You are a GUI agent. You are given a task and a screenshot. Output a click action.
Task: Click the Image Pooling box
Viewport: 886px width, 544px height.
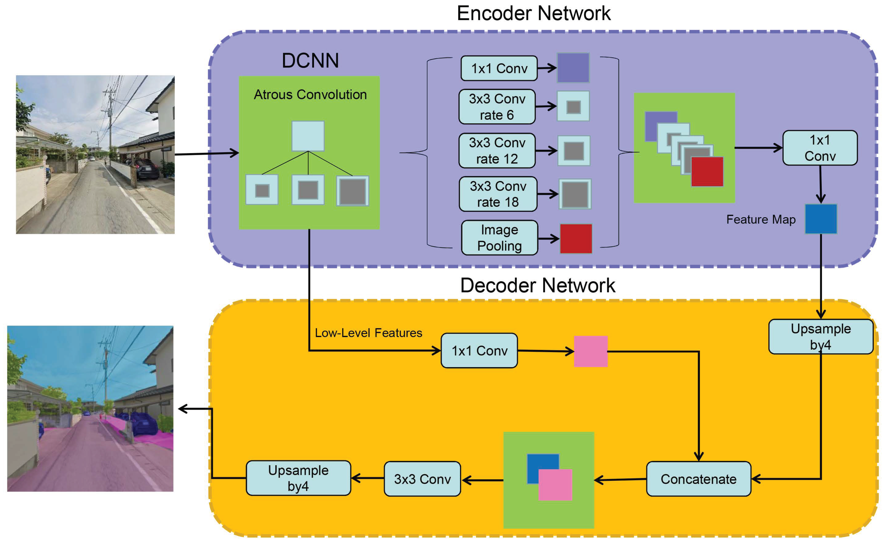[x=499, y=238]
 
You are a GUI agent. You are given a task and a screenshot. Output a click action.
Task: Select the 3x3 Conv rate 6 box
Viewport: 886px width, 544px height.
[x=497, y=107]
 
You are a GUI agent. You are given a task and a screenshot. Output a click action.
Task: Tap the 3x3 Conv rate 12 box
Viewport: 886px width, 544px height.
[x=497, y=151]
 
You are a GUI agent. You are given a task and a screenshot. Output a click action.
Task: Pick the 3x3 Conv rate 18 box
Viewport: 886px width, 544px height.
[x=498, y=194]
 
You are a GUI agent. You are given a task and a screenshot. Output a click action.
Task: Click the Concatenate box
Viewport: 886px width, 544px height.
[x=699, y=479]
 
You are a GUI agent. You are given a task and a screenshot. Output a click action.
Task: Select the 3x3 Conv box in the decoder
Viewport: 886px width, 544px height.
[x=422, y=479]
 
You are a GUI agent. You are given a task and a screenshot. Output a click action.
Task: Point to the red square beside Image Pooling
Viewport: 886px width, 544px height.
[x=576, y=238]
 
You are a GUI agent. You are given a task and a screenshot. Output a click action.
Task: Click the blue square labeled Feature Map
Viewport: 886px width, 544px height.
[x=821, y=219]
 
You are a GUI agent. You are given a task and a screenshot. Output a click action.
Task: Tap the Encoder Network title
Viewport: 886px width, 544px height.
[x=534, y=14]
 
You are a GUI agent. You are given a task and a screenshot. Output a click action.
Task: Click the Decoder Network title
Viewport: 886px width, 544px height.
[x=538, y=286]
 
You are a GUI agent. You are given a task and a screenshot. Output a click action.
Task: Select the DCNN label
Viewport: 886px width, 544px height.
[x=310, y=60]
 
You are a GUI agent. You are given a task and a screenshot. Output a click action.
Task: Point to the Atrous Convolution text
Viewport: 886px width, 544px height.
[x=310, y=95]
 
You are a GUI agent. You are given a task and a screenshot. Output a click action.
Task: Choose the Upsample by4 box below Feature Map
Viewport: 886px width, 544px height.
[x=821, y=336]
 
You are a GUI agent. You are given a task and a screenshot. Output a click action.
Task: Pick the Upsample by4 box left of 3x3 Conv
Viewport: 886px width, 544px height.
[x=298, y=478]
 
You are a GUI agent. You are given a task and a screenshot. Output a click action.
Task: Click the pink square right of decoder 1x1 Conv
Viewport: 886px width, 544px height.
[x=590, y=351]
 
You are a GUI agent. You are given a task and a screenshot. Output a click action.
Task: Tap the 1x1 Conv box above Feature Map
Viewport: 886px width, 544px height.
[x=820, y=148]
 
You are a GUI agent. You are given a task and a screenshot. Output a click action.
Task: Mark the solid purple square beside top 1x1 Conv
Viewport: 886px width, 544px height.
[x=573, y=68]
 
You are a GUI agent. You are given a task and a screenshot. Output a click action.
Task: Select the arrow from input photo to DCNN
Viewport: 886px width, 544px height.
[x=207, y=154]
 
